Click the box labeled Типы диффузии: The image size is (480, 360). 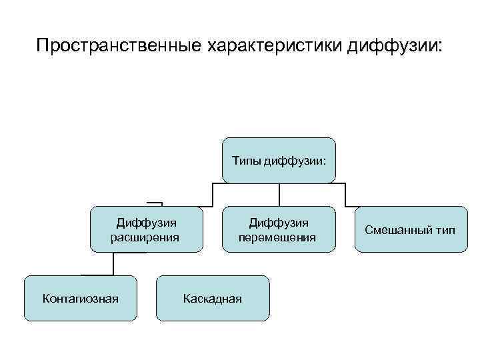coord(279,160)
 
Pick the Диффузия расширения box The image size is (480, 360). coord(146,229)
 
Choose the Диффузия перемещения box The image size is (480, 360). coord(279,229)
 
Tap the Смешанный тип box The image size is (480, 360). coord(411,229)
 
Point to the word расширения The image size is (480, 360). coord(145,237)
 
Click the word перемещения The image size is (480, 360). coord(278,237)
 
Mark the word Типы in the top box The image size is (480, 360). coord(246,160)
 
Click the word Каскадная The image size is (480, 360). coord(213,298)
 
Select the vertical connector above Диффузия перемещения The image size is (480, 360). coord(279,194)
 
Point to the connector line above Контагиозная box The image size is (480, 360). coord(113,264)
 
